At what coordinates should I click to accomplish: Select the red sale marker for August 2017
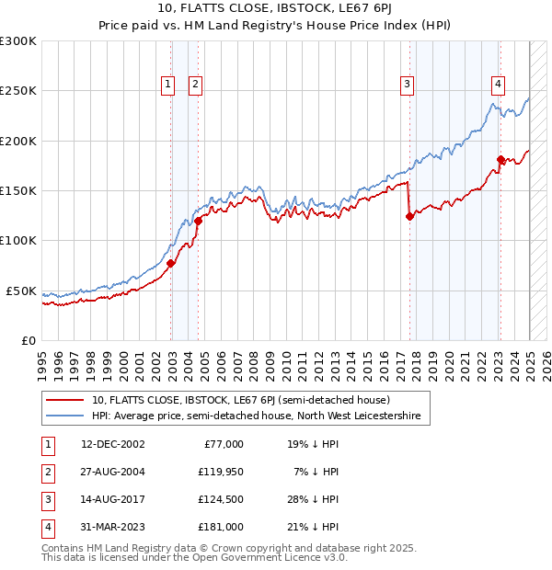pos(409,217)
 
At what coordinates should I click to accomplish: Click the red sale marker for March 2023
pos(500,160)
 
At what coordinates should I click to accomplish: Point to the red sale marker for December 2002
pos(171,264)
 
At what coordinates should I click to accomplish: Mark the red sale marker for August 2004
pos(199,221)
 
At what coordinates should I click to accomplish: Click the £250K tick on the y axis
pos(18,91)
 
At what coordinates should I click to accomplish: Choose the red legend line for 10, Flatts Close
pos(65,400)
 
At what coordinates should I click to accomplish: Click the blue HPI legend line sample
pos(65,416)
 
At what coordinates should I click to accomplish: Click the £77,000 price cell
pos(222,444)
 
